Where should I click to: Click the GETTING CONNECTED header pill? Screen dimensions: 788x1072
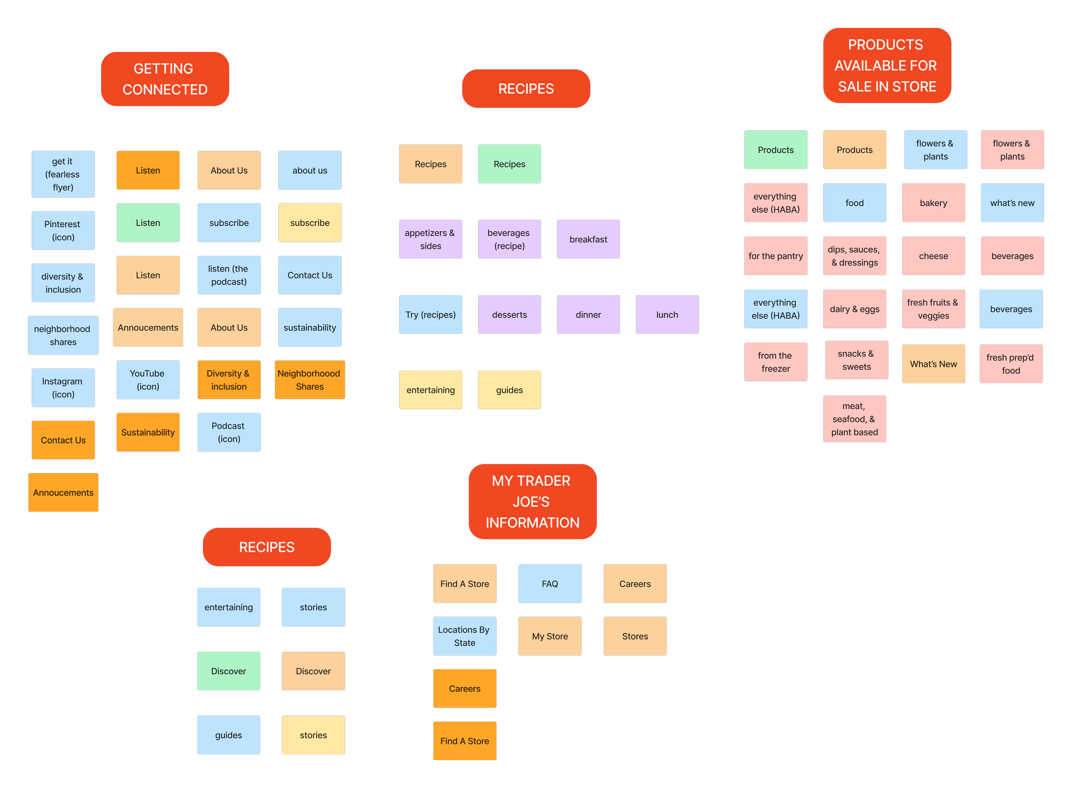(x=165, y=79)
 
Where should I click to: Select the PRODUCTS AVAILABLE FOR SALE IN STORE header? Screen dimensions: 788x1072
(x=887, y=66)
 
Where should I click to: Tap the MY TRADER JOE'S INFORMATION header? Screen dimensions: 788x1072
(x=532, y=502)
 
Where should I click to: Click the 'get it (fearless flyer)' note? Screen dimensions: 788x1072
(x=63, y=174)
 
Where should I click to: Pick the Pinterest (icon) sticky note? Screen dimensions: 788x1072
(x=63, y=231)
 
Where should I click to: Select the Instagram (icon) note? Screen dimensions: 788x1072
(x=63, y=387)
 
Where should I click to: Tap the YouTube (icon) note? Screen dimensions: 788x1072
(x=148, y=380)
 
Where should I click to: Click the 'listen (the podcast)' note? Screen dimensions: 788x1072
(x=229, y=275)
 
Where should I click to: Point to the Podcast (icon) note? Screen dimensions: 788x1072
(x=229, y=432)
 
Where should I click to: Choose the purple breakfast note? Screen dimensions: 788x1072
(x=588, y=240)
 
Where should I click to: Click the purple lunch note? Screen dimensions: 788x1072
(x=667, y=315)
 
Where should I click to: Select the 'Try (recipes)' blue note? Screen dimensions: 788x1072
(x=431, y=315)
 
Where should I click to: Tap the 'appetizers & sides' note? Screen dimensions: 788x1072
(x=431, y=240)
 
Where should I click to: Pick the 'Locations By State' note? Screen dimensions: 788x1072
(x=464, y=636)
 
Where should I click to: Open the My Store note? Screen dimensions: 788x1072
(x=550, y=636)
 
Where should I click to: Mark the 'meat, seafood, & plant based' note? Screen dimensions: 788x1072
(x=854, y=419)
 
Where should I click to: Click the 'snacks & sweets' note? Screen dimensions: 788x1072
(x=856, y=360)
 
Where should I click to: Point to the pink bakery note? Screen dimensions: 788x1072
(x=933, y=203)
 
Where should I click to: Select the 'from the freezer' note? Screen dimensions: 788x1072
(x=776, y=362)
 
